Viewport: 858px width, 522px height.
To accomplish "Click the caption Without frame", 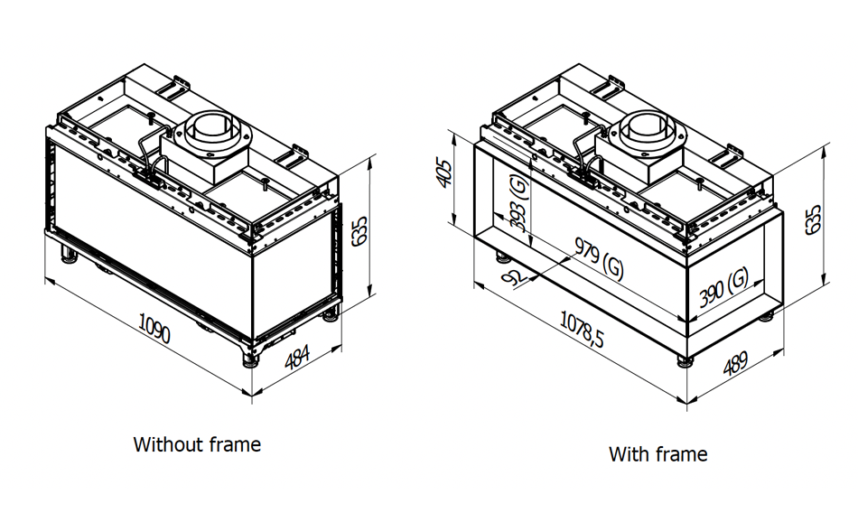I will pos(197,444).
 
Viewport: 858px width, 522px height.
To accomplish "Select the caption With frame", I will pos(657,453).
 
